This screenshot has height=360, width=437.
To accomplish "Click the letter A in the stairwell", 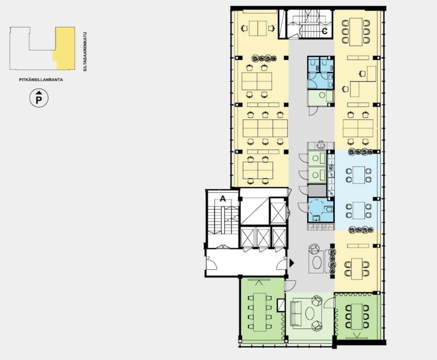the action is pos(223,199).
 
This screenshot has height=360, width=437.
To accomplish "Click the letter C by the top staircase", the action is pos(324,31).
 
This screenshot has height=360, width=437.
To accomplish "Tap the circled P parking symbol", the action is pos(39,98).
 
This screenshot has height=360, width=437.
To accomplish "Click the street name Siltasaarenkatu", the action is pos(85,52).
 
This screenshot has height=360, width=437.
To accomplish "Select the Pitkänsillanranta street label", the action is pos(41,80).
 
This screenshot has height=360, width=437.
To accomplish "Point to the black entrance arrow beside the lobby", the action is pos(292,262).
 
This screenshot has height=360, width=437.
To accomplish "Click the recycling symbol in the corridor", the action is pos(321,145).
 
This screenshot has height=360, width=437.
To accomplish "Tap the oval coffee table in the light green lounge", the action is pos(309,314).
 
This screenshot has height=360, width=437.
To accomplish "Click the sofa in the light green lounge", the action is pos(296,314).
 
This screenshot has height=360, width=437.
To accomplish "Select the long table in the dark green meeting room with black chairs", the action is pos(357,316).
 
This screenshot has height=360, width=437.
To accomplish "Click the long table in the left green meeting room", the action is pos(260,312).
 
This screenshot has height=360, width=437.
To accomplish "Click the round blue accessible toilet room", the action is pos(320,210).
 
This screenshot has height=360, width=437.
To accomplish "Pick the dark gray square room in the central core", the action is pos(317,191).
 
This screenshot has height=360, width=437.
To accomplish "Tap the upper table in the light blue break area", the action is pos(358,175).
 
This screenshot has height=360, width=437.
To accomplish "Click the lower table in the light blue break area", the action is pos(358,210).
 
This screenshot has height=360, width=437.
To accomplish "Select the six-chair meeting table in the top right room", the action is pos(356,32).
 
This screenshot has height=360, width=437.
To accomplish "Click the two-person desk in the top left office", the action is pos(258,29).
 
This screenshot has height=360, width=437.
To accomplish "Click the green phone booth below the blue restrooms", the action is pos(321,98).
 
